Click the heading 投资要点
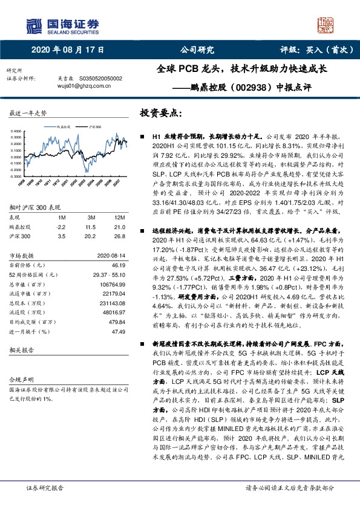tap(160, 113)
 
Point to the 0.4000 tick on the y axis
tap(16, 131)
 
